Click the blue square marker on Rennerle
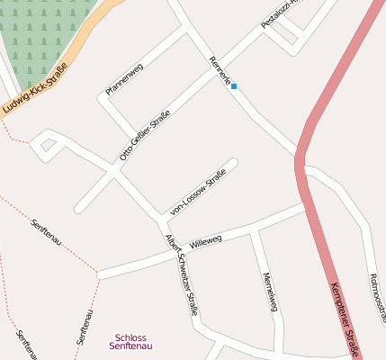click(x=234, y=87)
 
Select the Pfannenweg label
click(x=124, y=79)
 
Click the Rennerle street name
click(x=220, y=70)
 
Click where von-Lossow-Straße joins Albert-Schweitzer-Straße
click(x=165, y=217)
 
